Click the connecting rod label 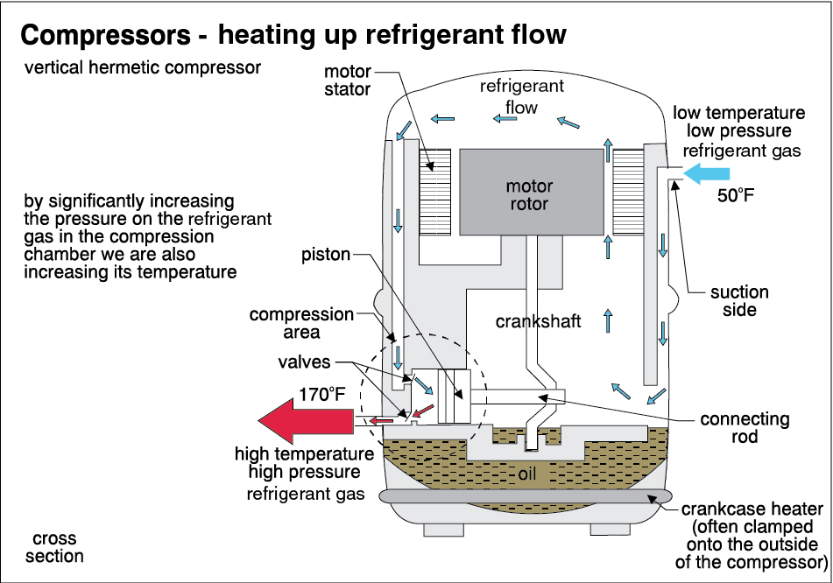coord(745,429)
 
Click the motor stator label coord(348,79)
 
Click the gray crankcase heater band coord(526,497)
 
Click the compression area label coord(302,323)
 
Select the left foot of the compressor coord(443,530)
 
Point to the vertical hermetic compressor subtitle coord(144,67)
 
